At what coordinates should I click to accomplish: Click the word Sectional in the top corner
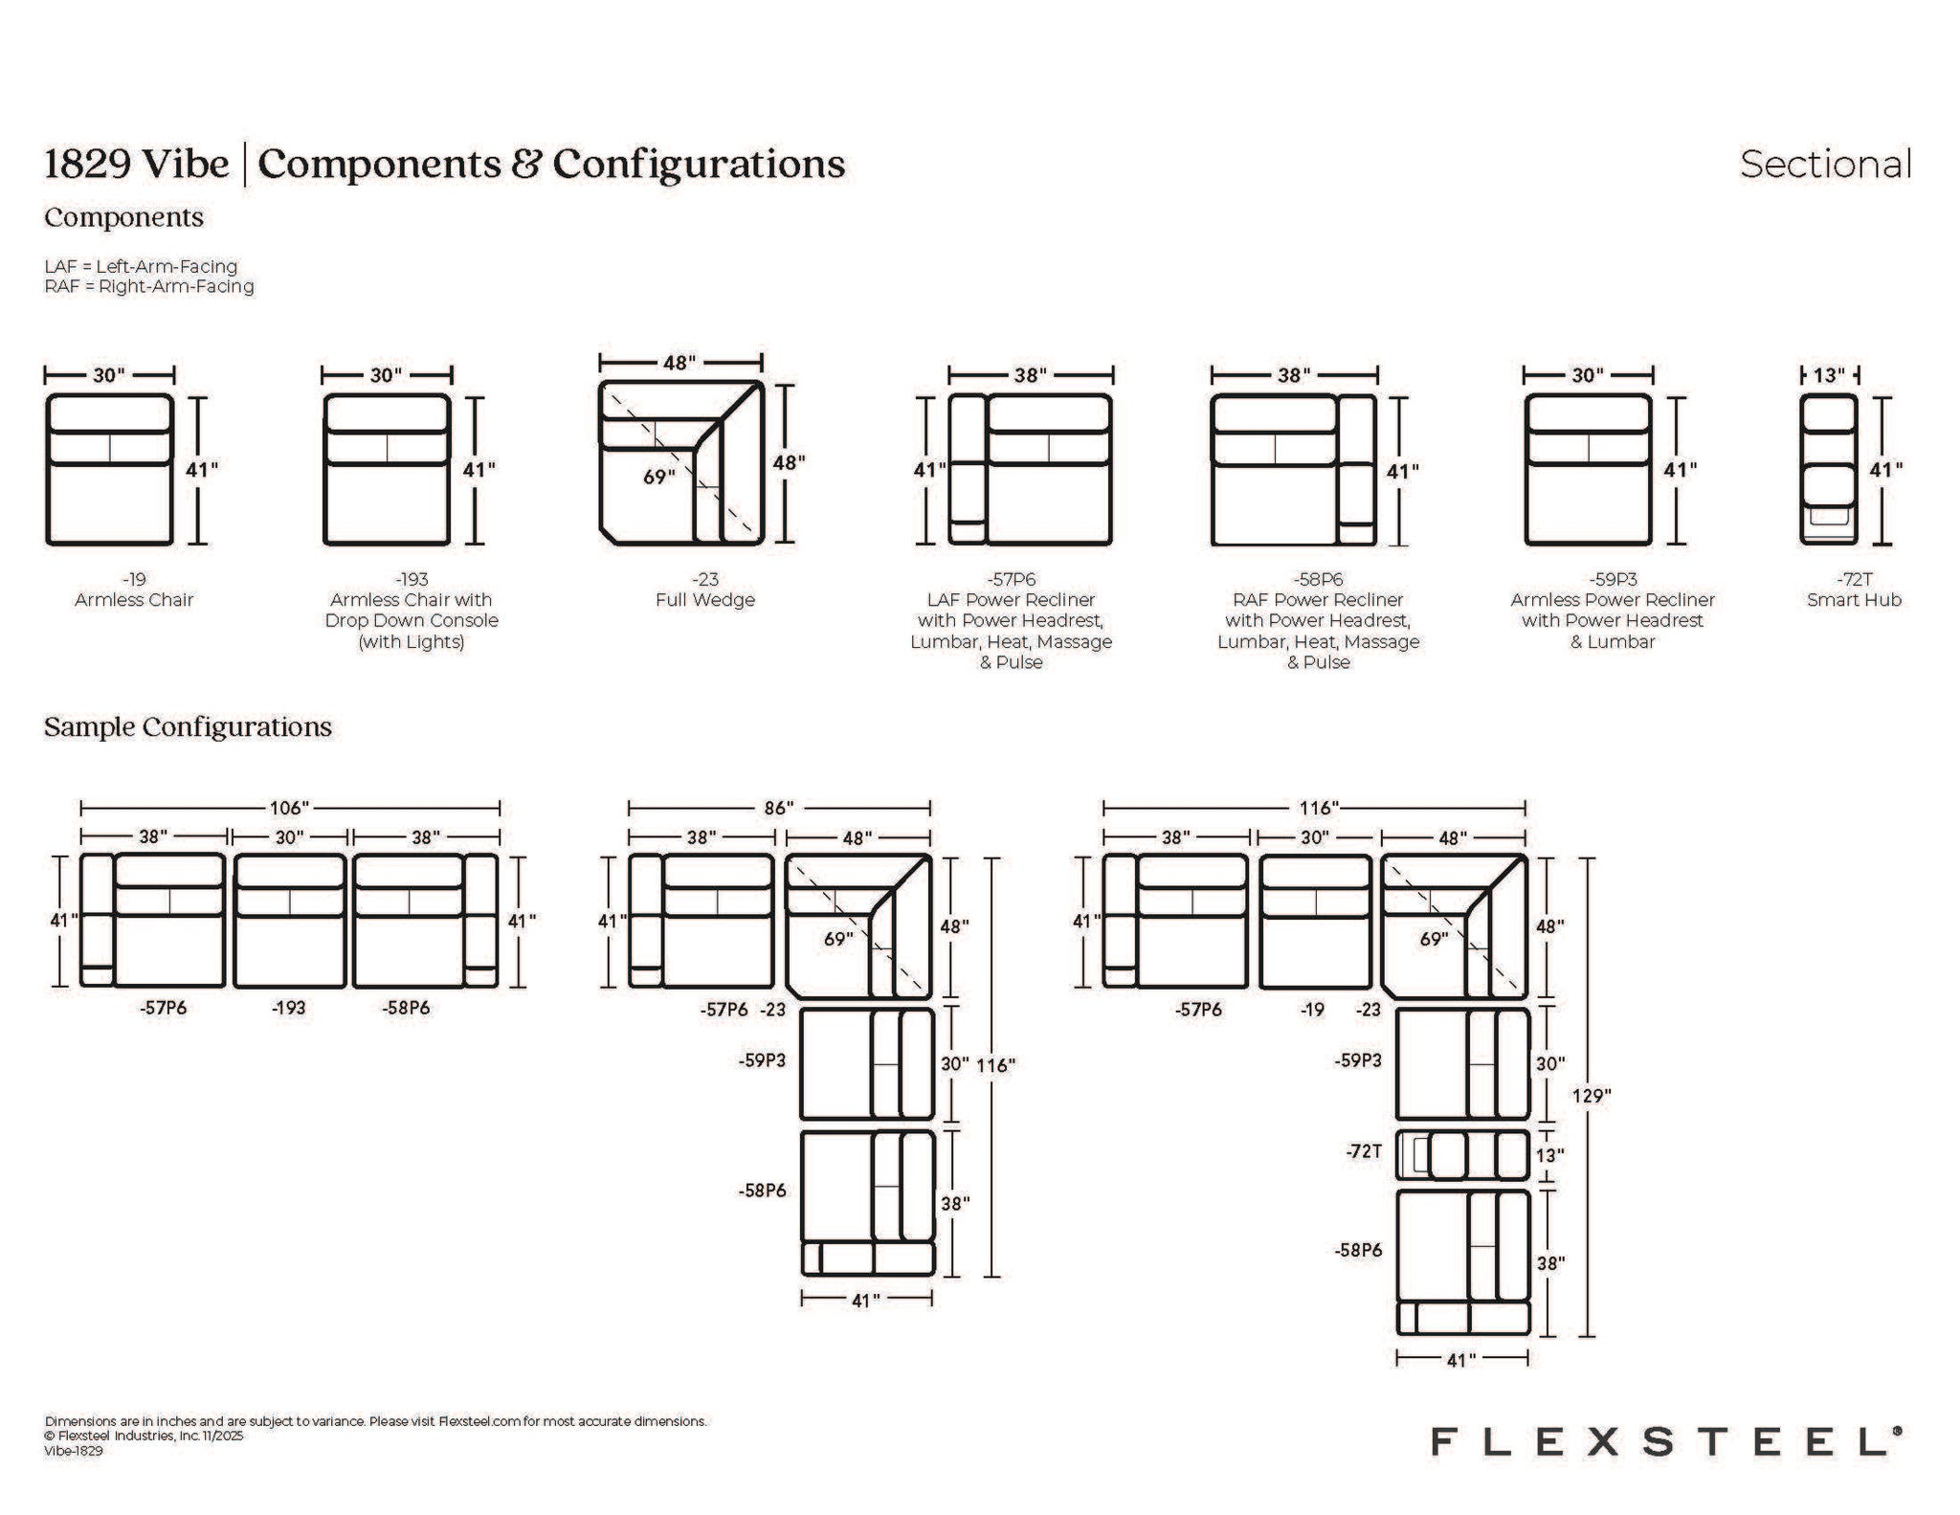click(1825, 164)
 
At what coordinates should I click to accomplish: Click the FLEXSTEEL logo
click(1666, 1440)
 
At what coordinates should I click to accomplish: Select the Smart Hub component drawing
click(1828, 470)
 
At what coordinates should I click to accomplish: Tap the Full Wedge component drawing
click(682, 462)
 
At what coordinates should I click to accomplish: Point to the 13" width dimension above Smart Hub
click(1829, 375)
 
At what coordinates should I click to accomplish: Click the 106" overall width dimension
click(290, 809)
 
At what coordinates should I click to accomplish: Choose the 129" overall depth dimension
click(1590, 1096)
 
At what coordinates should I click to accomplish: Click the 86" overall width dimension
click(779, 809)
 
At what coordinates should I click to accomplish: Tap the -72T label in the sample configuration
click(1363, 1151)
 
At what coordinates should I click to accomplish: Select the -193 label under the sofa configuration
click(289, 1007)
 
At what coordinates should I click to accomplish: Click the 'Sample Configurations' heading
click(188, 727)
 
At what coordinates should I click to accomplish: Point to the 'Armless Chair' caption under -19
click(134, 600)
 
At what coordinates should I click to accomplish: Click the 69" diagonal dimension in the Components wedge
click(659, 476)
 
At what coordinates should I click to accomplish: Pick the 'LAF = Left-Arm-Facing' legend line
click(141, 266)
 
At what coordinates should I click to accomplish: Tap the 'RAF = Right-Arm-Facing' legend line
click(149, 286)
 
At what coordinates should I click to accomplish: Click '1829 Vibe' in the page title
click(137, 164)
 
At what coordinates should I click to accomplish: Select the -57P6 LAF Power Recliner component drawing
click(1031, 470)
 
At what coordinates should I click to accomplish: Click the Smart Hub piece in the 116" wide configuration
click(1462, 1155)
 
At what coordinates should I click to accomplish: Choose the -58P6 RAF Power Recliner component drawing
click(1294, 470)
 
